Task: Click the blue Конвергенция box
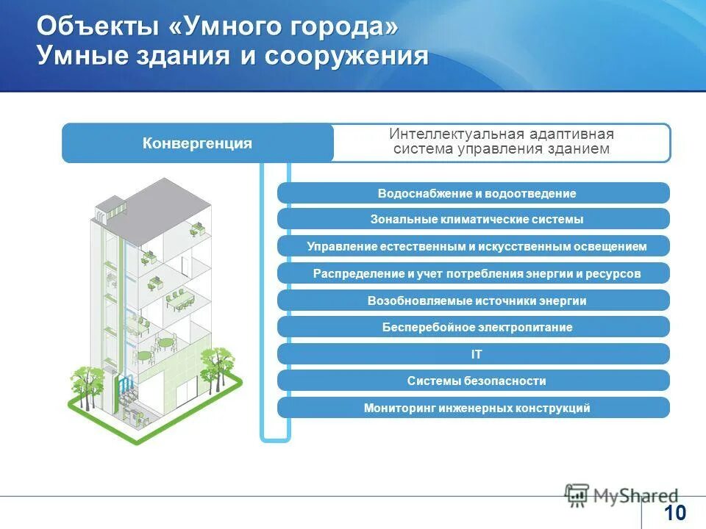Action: click(197, 143)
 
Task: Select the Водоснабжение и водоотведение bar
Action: click(474, 193)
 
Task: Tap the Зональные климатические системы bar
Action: click(474, 219)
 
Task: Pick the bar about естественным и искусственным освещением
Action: click(474, 246)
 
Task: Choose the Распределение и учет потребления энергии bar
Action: click(474, 273)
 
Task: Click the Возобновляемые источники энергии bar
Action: click(474, 301)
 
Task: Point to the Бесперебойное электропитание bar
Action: click(474, 327)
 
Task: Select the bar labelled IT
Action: click(474, 354)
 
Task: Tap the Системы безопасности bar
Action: click(474, 381)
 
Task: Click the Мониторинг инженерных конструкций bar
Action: click(474, 408)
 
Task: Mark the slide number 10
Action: click(674, 512)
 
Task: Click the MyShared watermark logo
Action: click(621, 494)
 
